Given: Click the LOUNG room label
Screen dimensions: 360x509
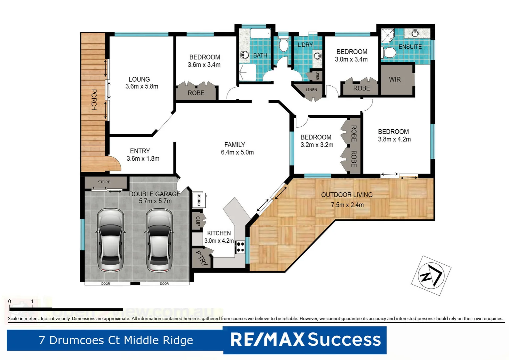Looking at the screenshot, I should [x=139, y=79].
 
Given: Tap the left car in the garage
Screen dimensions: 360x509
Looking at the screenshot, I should [x=111, y=240].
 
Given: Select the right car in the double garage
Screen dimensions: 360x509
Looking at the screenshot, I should [x=159, y=240].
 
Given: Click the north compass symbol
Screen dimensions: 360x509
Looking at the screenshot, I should [x=431, y=275].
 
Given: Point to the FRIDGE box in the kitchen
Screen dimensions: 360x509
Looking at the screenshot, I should [x=199, y=200].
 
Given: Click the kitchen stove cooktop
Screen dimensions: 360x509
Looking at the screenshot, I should [x=240, y=247].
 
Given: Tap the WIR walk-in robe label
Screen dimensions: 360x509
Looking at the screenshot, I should [x=395, y=79].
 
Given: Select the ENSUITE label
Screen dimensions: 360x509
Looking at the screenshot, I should [x=410, y=47].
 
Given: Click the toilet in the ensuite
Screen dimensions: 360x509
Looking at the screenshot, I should [x=389, y=53].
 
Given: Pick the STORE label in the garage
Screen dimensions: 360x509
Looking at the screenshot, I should [x=104, y=182].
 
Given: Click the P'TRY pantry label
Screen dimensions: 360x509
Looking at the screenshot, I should [x=202, y=258].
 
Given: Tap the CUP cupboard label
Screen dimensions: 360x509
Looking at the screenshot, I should [x=198, y=221].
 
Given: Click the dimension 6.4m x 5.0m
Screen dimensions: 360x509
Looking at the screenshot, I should [x=237, y=152].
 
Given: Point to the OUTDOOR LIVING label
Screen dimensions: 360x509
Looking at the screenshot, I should [x=347, y=195].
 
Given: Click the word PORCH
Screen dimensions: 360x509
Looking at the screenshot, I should [x=94, y=100].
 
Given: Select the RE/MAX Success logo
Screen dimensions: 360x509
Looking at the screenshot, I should [x=305, y=340].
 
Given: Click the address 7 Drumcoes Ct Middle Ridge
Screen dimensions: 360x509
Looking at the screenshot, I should [x=116, y=340].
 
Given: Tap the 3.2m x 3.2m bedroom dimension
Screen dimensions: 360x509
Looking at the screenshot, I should [x=317, y=145].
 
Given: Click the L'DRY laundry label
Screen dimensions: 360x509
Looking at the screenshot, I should [x=305, y=45].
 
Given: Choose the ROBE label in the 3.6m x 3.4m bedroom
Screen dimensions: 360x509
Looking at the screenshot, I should [x=196, y=93].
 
